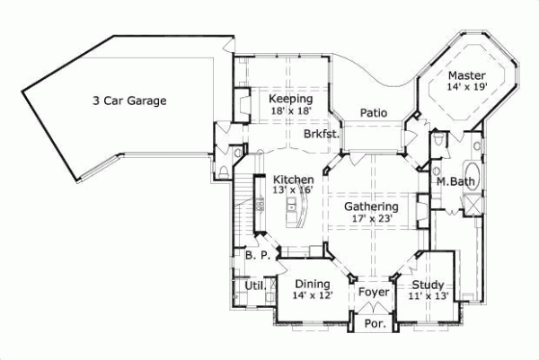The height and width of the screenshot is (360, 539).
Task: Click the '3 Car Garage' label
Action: [129, 101]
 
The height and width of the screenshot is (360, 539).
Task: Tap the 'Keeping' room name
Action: [290, 99]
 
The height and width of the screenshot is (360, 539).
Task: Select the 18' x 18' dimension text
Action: [290, 111]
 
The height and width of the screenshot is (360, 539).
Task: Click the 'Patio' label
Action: [374, 114]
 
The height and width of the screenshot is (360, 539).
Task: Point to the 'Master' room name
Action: [467, 75]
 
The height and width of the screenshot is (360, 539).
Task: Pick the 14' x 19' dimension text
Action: [467, 88]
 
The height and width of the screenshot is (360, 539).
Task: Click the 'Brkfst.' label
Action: [321, 134]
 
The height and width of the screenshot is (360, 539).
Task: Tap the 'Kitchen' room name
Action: [294, 180]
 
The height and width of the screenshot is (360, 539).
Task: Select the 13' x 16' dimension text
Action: [294, 191]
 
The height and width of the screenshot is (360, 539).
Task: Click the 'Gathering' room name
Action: [372, 206]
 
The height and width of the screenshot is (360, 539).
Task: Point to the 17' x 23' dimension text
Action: [372, 219]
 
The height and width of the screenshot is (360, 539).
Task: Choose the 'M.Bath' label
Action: [455, 182]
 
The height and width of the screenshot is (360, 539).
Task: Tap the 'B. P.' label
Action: [257, 257]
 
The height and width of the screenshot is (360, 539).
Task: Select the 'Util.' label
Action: [255, 286]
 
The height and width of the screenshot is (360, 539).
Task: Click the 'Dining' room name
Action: [312, 284]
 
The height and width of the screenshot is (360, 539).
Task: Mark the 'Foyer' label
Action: [373, 292]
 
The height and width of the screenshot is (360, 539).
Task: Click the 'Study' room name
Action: [429, 283]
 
